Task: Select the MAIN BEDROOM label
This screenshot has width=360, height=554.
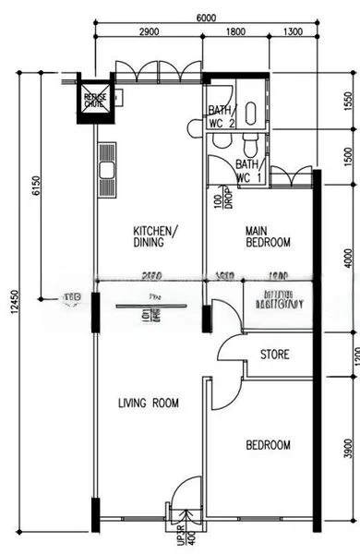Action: tap(268, 236)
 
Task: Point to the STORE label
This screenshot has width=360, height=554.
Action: tap(275, 355)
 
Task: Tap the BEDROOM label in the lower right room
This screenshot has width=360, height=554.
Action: tap(268, 445)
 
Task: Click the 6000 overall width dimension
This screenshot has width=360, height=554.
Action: tap(205, 18)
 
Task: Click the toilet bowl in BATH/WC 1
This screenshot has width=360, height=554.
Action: tap(251, 145)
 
